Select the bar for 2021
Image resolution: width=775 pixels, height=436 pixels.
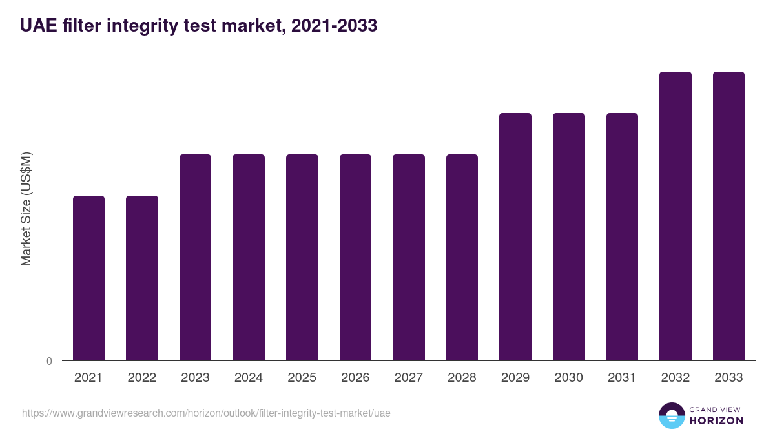coord(88,278)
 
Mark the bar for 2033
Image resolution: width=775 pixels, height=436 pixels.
coord(728,216)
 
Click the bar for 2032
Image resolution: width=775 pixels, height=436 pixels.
coord(676,216)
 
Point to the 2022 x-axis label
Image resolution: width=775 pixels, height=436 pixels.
coord(141,378)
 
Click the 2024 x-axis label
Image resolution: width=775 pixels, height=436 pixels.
coord(249,378)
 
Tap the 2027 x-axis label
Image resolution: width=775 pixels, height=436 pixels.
coord(409,378)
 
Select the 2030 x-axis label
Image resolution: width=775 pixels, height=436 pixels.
coord(569,378)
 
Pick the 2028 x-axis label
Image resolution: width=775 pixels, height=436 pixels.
coord(462,378)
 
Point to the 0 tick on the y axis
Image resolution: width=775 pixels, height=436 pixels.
coord(49,362)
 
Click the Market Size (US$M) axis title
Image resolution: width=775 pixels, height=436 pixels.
coord(26,209)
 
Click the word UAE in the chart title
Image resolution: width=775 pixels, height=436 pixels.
coord(37,26)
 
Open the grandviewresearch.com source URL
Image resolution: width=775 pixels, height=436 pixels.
coord(206,413)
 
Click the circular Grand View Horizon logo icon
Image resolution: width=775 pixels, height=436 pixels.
coord(672,415)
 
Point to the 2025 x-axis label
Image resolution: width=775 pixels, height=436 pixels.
coord(302,378)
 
